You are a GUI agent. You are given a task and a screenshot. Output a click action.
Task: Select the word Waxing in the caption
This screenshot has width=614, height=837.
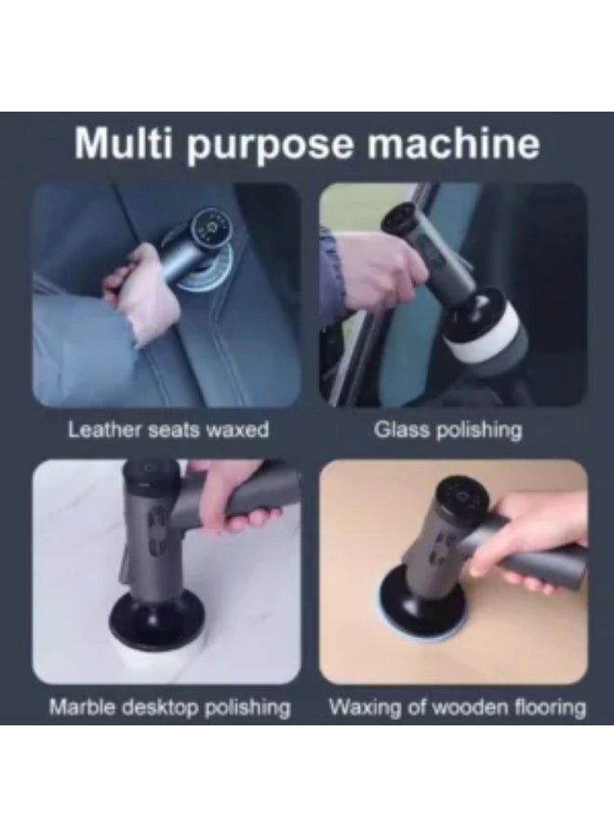tap(367, 707)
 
